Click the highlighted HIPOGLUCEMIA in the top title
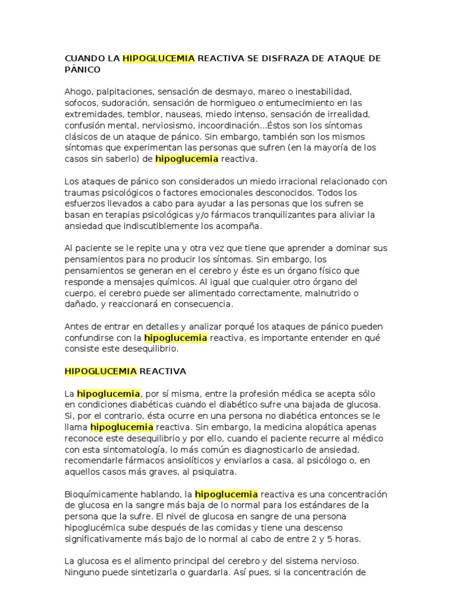coord(159,58)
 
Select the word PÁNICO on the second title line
coord(82,69)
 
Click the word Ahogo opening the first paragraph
coord(77,92)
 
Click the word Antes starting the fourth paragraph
coord(77,327)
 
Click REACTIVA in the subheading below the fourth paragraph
coord(162,372)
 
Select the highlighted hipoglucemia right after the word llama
coord(122,427)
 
